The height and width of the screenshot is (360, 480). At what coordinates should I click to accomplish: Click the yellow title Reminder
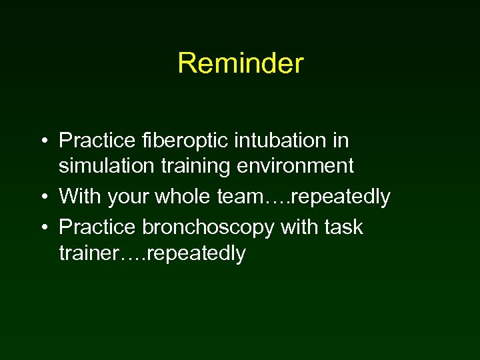tap(240, 64)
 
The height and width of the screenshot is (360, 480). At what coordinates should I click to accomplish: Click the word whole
tap(200, 197)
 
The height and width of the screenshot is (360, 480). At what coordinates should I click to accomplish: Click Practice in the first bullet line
tap(98, 141)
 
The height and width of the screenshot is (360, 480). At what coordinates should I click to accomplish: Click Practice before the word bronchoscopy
tap(98, 227)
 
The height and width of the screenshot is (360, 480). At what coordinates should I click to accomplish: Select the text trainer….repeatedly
tap(152, 253)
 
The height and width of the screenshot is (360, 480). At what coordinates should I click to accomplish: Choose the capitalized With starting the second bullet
tap(79, 197)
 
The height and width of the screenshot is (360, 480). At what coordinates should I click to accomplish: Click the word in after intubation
tap(341, 141)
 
